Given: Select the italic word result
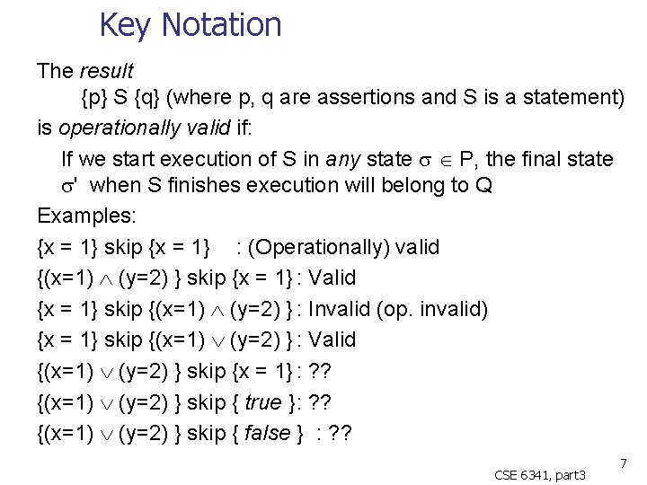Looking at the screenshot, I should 106,70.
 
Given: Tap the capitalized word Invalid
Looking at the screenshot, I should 340,309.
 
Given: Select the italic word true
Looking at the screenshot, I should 262,402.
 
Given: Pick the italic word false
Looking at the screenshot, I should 267,433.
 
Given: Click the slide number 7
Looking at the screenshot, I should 622,462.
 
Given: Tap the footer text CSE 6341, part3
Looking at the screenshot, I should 540,473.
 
